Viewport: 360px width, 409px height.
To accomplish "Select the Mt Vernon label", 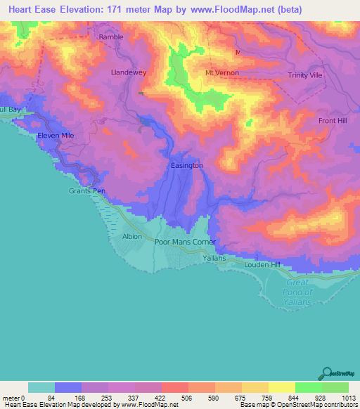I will point(222,73).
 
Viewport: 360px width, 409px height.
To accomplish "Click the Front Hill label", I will point(333,121).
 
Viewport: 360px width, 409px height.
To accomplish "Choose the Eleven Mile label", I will point(56,135).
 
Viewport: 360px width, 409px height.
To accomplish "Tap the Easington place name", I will point(187,165).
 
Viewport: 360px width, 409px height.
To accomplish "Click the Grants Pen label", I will point(86,191).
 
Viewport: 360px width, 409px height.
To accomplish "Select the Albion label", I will point(132,237).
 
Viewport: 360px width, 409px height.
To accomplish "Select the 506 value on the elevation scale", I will point(175,398).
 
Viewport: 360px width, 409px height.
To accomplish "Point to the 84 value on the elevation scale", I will point(41,398).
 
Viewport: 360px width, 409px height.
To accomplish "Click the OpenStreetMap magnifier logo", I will point(327,373).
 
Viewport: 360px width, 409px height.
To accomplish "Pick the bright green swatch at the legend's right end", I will point(335,387).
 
